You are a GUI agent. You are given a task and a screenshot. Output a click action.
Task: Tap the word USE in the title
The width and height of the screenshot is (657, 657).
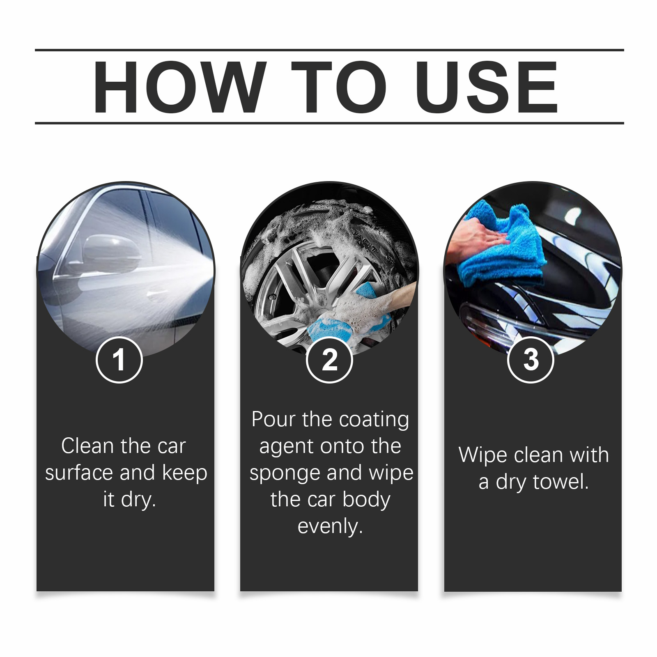point(486,87)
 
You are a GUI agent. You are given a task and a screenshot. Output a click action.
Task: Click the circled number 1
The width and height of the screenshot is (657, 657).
point(119,360)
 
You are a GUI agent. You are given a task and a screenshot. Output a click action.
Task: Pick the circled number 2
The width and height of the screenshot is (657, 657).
point(329,360)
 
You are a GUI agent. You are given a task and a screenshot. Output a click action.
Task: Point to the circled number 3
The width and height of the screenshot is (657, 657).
point(531,360)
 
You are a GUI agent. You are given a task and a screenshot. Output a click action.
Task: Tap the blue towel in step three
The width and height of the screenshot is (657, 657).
point(503,246)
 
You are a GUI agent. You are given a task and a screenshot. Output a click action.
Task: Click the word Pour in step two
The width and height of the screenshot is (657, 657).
point(273,419)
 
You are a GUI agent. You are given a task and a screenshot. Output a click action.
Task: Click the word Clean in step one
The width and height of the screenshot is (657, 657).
point(88,446)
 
